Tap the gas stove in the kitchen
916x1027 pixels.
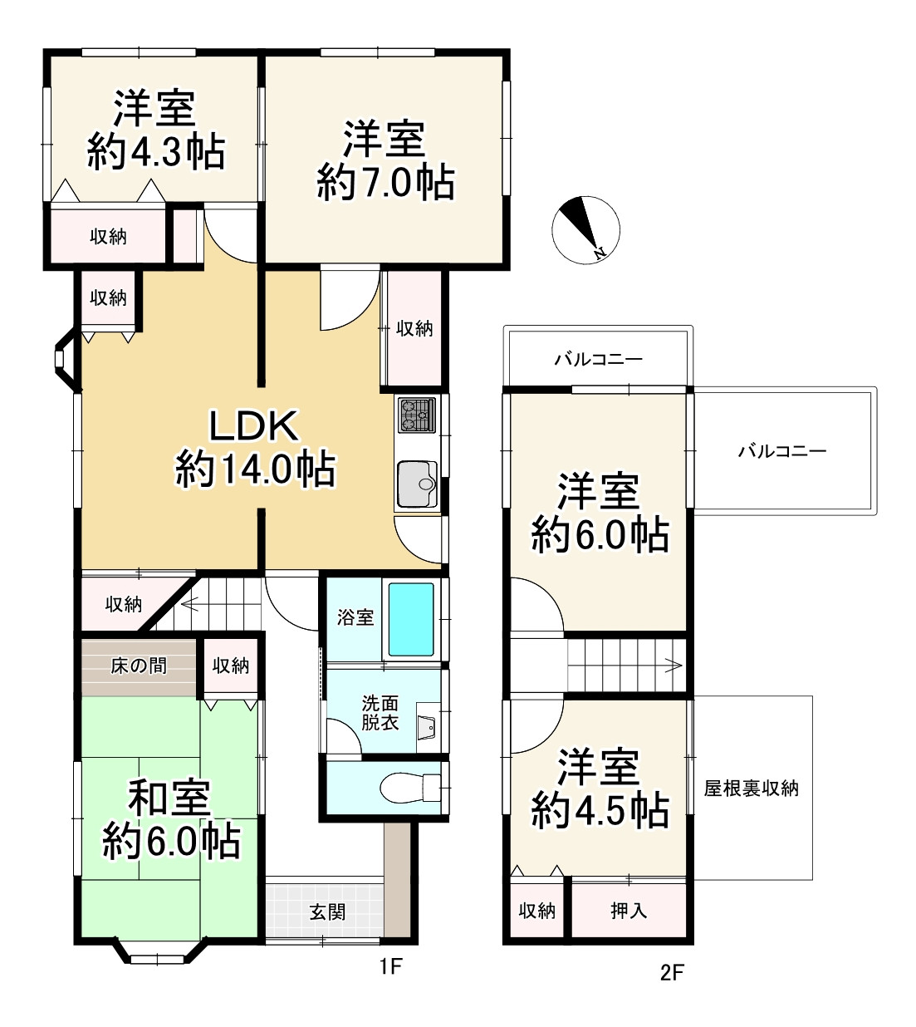pos(417,415)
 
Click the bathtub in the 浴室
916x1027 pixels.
pos(411,619)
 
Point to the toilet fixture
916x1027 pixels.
pos(407,787)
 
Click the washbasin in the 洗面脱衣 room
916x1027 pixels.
pos(428,725)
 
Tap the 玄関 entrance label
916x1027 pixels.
pos(327,912)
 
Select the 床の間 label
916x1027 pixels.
pos(139,666)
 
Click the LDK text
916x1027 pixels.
pos(253,426)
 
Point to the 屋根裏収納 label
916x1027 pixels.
pos(751,788)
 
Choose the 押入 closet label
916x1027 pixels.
pos(629,911)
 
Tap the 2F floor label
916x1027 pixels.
pos(672,971)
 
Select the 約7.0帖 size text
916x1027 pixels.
pos(385,183)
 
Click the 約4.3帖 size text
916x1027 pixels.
pos(156,152)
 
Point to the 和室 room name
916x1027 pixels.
pos(169,798)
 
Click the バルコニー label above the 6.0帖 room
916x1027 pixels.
pos(598,359)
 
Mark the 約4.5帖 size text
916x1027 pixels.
pos(600,809)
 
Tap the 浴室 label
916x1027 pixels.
pos(355,617)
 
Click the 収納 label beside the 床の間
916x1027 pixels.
pos(230,666)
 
